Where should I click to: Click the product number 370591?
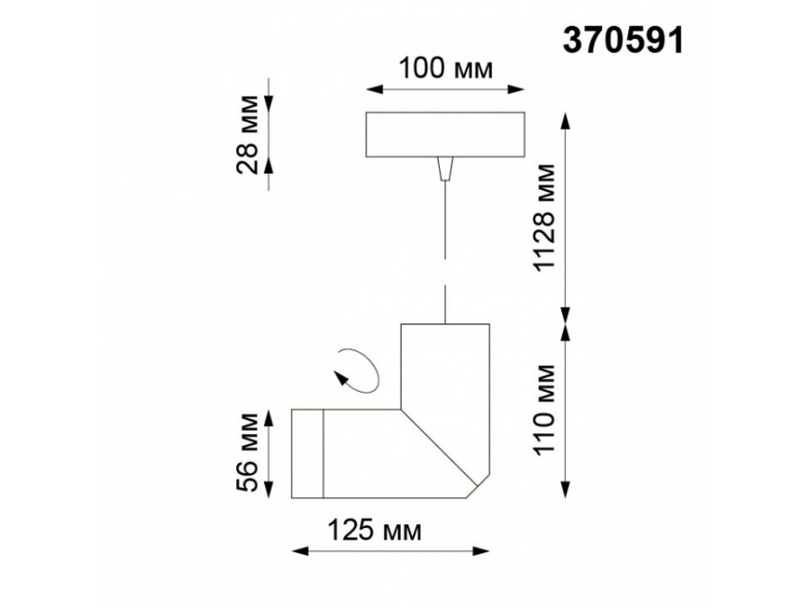tap(623, 39)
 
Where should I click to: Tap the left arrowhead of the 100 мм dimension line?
tap(369, 89)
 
